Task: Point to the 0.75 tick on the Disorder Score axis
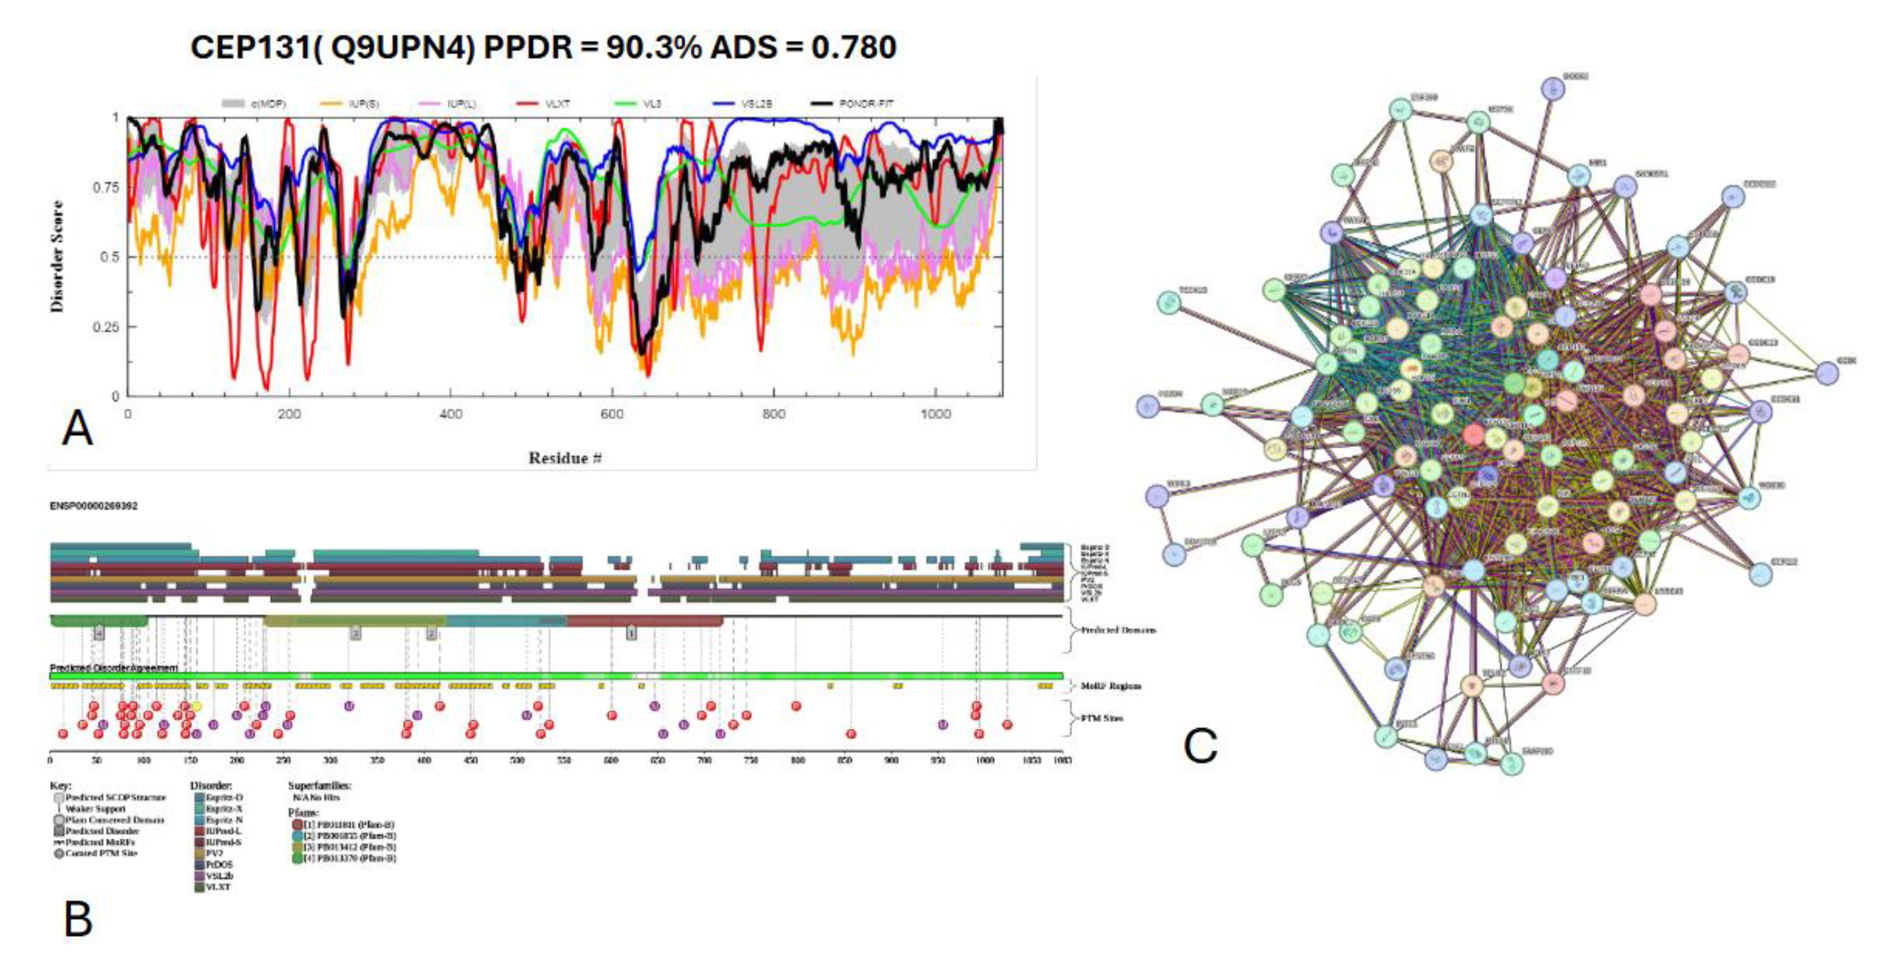(x=105, y=187)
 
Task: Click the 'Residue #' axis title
(x=565, y=458)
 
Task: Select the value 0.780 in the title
(x=854, y=48)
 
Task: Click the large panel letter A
(x=77, y=429)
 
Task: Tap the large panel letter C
(x=1200, y=746)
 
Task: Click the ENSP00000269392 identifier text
(x=93, y=505)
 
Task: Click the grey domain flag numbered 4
(x=100, y=633)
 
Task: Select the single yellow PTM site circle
(x=196, y=706)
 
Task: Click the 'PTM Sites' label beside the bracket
(x=1102, y=719)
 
